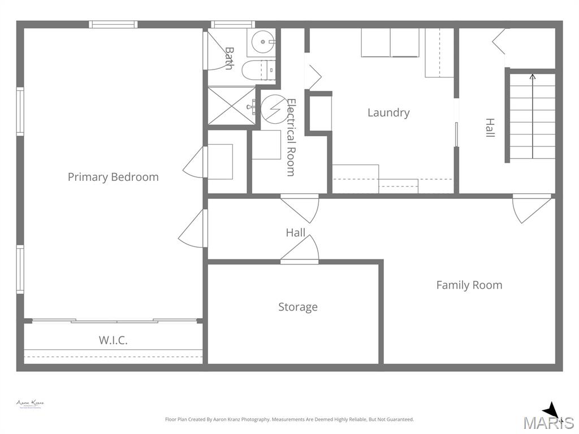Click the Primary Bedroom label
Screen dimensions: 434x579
pos(113,177)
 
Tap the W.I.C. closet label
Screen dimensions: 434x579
pos(113,340)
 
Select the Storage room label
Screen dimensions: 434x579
pos(298,307)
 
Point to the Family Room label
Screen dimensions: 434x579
pos(469,285)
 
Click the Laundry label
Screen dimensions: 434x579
pos(388,112)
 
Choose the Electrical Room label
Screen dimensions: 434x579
pos(291,137)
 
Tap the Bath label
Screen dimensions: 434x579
pos(229,58)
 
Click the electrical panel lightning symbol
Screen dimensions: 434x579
pos(274,108)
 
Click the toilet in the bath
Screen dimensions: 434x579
pos(257,70)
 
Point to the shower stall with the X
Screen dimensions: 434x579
pos(232,106)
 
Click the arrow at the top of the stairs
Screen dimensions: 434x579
pos(532,77)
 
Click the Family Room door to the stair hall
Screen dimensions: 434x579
pos(532,208)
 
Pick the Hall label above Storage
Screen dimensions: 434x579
pos(295,232)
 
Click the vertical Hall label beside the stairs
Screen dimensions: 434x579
pos(490,128)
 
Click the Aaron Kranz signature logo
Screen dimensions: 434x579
pos(30,404)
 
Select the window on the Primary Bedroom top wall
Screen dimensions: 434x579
pos(113,24)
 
